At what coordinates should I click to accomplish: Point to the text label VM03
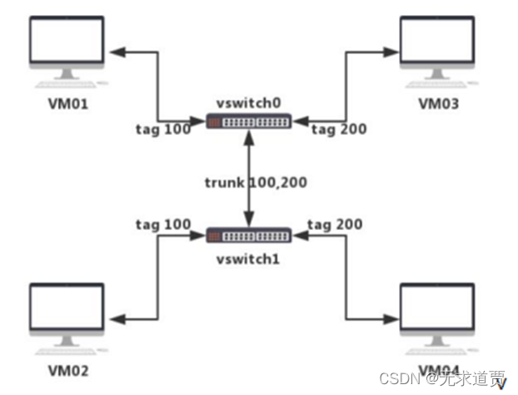click(x=439, y=105)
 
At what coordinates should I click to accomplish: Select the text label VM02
click(x=67, y=370)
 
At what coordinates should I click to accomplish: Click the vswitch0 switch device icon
click(x=249, y=122)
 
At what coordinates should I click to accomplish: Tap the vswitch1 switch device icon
click(x=249, y=237)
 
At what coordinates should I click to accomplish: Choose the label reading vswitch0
click(x=249, y=102)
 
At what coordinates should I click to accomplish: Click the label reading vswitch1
click(x=249, y=258)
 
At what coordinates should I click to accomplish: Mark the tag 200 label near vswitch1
click(x=336, y=225)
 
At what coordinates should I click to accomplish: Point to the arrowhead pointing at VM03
click(x=389, y=52)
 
